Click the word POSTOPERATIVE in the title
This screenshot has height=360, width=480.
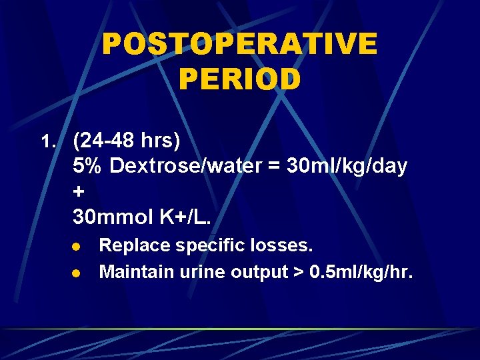coord(239,45)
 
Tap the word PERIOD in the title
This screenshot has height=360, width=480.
coord(239,79)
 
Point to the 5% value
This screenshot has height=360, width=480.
coord(87,166)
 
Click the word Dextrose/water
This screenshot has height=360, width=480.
coord(182,166)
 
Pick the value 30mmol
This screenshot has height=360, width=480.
coord(112,217)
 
